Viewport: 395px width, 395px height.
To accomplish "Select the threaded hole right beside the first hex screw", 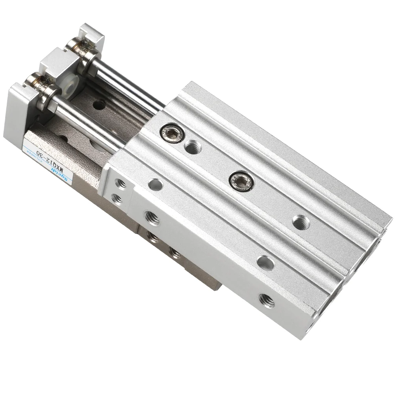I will click(192, 148).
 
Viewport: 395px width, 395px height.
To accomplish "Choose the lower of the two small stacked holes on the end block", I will click(115, 198).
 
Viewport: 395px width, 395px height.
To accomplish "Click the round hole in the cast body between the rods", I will click(98, 105).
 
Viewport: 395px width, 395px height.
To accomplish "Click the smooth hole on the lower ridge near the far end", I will click(265, 261).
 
